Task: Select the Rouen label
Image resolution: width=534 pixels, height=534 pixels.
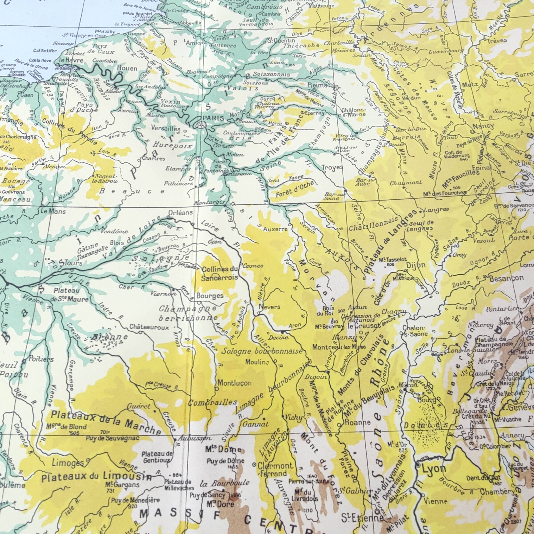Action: [127, 68]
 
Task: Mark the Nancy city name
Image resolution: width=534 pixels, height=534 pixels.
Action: [483, 126]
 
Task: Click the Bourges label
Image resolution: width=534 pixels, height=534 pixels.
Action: [210, 296]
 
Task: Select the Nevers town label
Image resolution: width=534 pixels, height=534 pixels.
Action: [269, 307]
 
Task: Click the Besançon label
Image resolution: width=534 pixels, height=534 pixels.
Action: [506, 278]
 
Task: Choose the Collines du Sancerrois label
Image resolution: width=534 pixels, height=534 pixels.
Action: [220, 273]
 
